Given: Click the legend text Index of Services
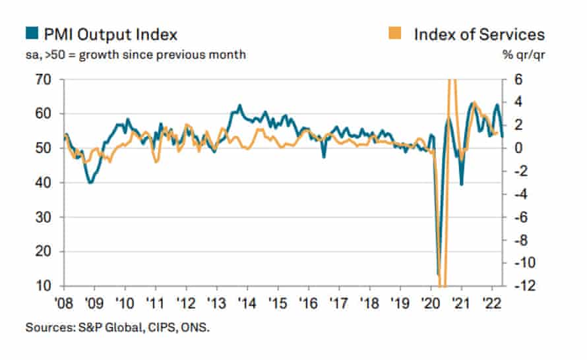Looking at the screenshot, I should (x=479, y=34).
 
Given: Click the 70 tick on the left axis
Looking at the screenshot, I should (x=44, y=80).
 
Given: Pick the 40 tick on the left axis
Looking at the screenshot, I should (x=44, y=183).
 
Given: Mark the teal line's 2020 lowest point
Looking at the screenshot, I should (x=439, y=273).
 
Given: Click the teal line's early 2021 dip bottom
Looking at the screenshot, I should (x=461, y=185).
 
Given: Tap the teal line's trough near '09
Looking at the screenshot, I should (x=90, y=182).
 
